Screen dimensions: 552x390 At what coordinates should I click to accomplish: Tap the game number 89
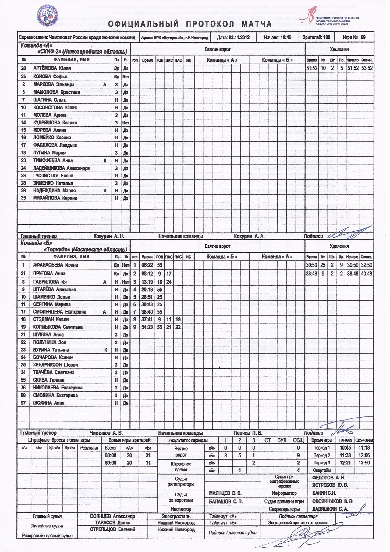(363, 38)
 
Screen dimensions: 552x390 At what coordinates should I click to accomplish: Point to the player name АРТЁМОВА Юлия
(52, 68)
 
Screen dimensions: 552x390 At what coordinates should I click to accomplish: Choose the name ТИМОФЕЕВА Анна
(53, 160)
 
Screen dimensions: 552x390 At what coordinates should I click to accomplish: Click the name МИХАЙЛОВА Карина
(55, 198)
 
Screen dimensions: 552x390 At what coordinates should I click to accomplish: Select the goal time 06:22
(147, 265)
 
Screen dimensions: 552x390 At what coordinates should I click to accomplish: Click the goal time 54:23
(147, 327)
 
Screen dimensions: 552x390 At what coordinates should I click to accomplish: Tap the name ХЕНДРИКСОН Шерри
(55, 365)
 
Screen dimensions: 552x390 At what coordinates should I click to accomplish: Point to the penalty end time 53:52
(367, 68)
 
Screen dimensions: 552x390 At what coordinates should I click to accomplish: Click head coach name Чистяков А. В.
(106, 433)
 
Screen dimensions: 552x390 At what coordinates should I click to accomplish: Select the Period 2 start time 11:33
(345, 455)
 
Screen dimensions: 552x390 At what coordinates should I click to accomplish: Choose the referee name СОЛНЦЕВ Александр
(112, 516)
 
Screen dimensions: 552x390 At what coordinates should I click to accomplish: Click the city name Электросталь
(176, 516)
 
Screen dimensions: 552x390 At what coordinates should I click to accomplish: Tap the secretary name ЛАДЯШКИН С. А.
(330, 509)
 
